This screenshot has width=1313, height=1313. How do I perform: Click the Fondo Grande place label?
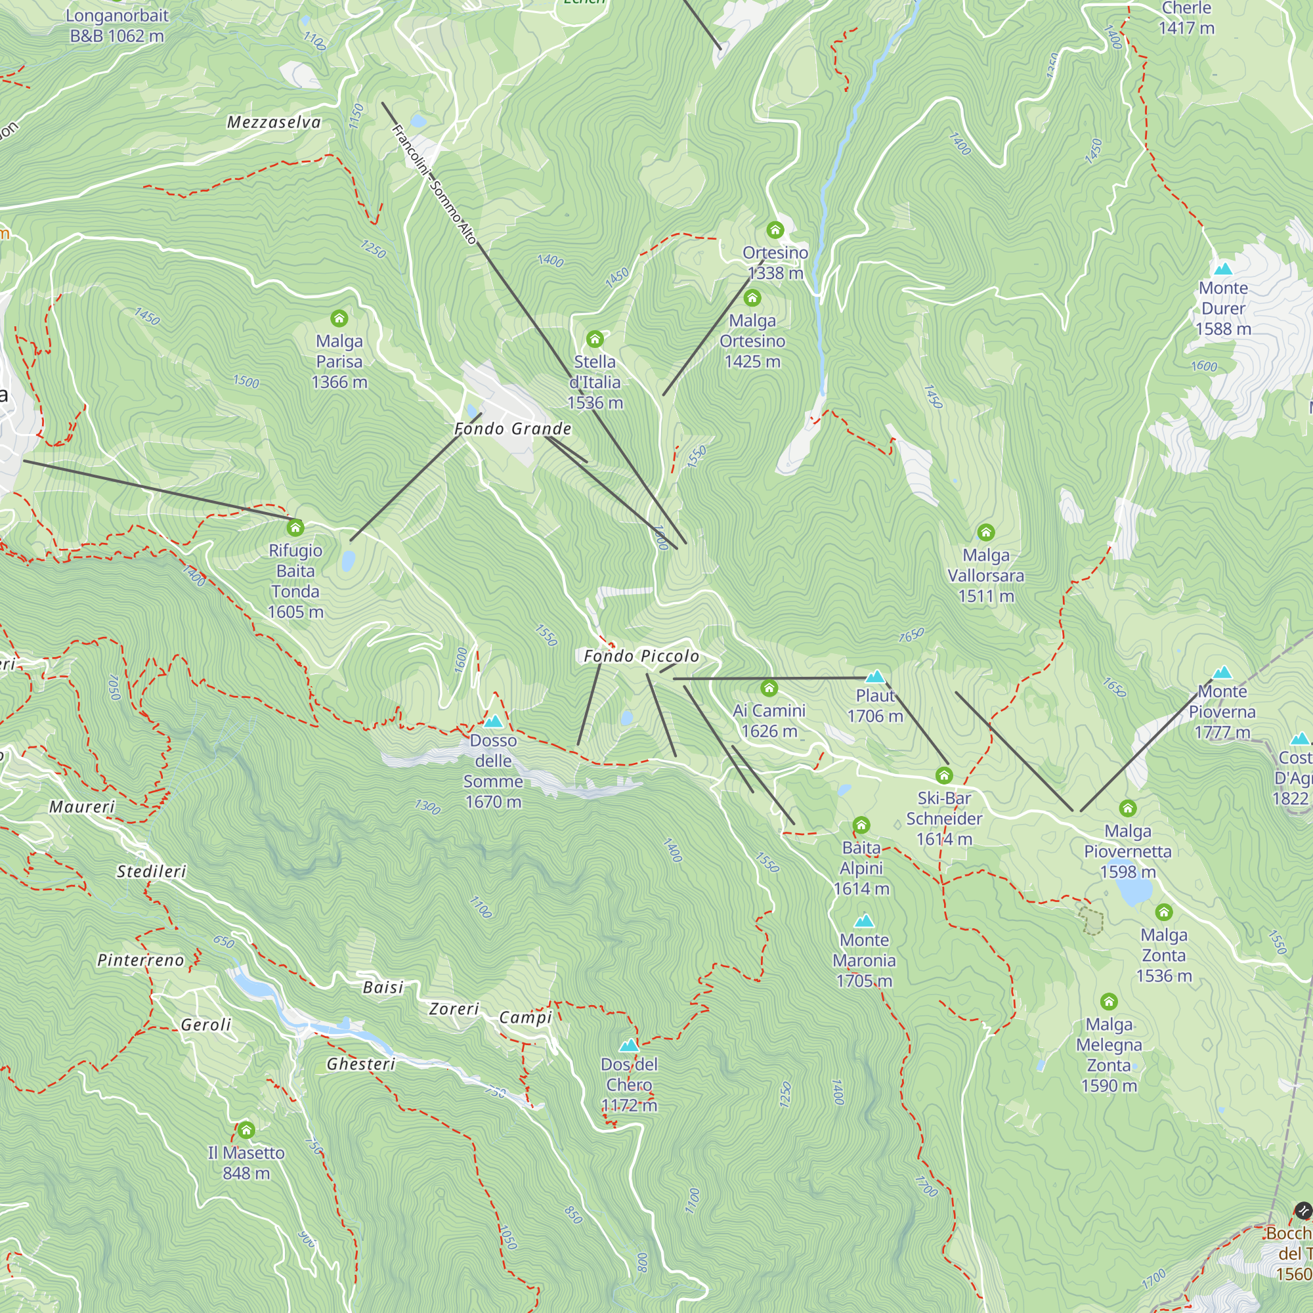tap(513, 429)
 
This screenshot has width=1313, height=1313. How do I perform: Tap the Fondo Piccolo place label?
tap(641, 656)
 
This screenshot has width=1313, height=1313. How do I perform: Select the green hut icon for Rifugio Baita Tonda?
tap(295, 527)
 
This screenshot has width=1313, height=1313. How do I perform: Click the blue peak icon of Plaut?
tap(875, 676)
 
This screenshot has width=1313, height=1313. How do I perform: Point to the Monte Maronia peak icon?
tap(864, 921)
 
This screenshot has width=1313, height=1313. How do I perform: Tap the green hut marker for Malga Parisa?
tap(339, 318)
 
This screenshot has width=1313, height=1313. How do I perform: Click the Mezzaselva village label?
tap(274, 122)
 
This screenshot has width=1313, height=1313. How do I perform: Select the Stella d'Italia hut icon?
tap(595, 339)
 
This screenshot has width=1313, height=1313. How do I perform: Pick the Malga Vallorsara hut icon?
tap(985, 532)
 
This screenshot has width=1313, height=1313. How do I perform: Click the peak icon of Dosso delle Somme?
tap(494, 721)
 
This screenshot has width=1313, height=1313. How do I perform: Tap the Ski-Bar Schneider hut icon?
tap(943, 775)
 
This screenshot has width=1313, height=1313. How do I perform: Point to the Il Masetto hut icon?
tap(246, 1129)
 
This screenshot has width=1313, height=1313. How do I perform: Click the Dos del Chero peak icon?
tap(630, 1044)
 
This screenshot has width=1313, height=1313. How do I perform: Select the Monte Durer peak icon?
tap(1222, 269)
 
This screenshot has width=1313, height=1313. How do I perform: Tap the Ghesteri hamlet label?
tap(361, 1064)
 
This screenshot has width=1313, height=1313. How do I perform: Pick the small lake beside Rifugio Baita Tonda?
tap(349, 561)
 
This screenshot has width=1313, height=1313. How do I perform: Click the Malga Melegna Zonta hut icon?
tap(1108, 1001)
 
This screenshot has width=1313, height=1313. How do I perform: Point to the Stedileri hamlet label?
tap(151, 871)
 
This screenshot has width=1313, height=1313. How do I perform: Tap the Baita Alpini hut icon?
tap(861, 825)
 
